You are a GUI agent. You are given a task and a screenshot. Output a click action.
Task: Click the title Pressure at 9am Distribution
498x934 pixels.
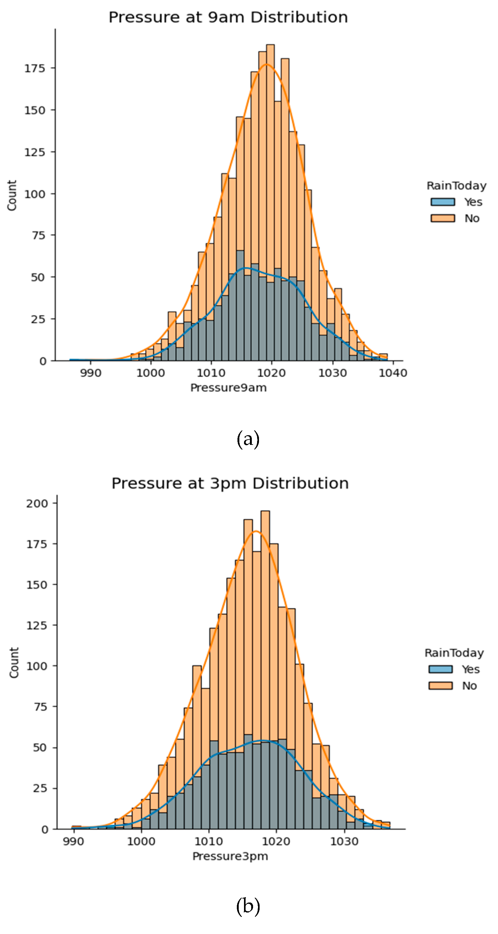(228, 17)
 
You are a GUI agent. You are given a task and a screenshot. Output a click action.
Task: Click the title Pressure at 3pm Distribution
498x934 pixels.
(230, 483)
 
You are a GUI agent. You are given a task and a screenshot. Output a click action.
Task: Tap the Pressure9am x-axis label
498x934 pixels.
(228, 388)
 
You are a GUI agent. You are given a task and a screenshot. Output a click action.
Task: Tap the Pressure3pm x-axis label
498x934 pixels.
(230, 856)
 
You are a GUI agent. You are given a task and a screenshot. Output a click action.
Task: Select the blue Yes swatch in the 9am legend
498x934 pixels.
(443, 202)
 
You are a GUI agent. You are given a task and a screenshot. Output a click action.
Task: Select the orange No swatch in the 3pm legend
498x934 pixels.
(440, 686)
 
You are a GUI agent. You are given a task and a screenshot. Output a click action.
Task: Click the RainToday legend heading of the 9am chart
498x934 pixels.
(456, 186)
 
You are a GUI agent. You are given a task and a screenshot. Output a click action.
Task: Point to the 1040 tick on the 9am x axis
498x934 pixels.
(393, 373)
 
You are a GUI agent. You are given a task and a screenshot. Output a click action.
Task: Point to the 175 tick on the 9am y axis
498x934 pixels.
(35, 68)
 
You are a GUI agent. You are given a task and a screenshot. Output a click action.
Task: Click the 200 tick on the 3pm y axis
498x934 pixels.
(37, 503)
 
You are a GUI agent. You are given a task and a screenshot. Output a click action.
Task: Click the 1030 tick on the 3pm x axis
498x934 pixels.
(344, 841)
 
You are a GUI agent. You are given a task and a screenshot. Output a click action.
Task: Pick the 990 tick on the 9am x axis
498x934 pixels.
(90, 373)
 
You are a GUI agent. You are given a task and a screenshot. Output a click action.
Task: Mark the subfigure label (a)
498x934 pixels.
(248, 439)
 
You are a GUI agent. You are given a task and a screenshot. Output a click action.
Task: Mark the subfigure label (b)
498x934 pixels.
(248, 907)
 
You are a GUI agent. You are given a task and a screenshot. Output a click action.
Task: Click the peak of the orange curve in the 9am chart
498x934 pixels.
(266, 64)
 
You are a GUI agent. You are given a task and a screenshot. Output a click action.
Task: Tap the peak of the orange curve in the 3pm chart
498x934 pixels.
(256, 531)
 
